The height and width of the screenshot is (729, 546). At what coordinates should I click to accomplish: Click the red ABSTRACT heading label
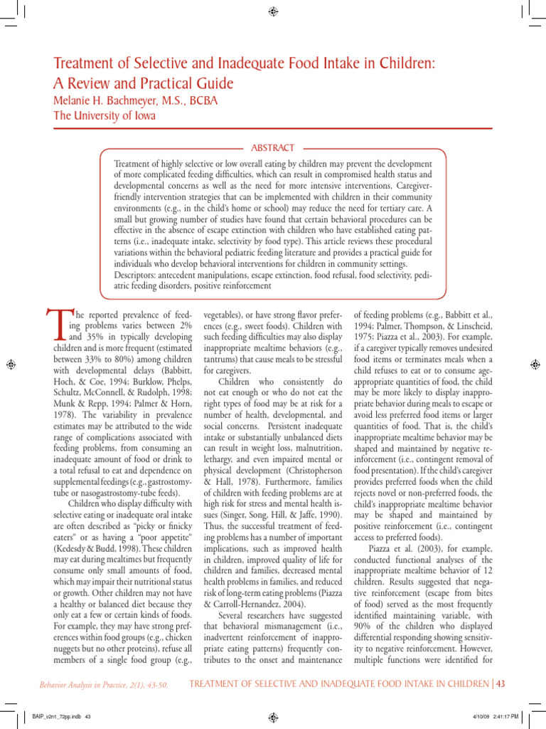tap(273, 147)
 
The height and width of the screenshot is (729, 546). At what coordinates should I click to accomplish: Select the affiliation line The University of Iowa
tap(103, 117)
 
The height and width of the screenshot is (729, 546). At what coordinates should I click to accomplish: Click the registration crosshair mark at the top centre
tap(273, 11)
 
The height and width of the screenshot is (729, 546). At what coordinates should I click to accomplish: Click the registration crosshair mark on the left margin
tap(11, 364)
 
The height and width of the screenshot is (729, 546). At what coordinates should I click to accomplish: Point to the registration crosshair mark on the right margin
tap(535, 364)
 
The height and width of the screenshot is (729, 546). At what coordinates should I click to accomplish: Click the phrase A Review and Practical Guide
tap(144, 83)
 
